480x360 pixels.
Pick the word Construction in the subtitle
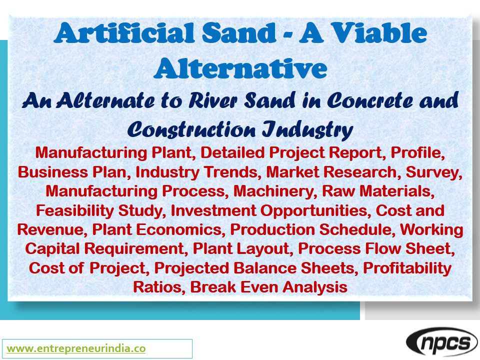[190, 129]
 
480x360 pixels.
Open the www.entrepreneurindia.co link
[76, 348]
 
